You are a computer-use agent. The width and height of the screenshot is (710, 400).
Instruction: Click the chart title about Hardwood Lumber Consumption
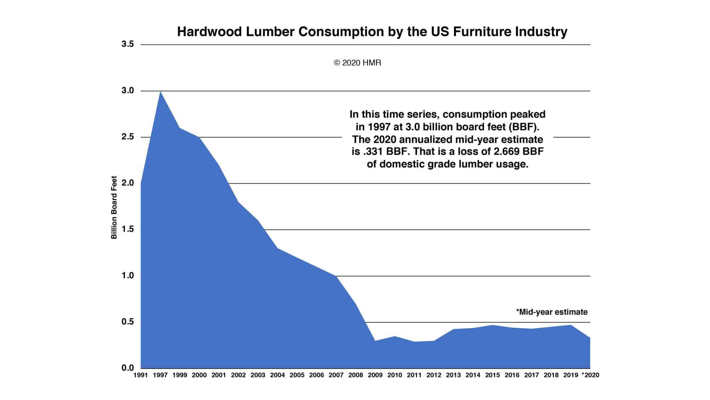click(372, 32)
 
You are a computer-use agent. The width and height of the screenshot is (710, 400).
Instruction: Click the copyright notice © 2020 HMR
click(357, 63)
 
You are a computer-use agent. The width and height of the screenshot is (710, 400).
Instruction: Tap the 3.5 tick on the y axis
click(127, 44)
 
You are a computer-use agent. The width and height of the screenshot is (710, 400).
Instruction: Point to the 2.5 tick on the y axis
click(127, 137)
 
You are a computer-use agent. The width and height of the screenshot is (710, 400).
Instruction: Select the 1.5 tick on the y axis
click(127, 229)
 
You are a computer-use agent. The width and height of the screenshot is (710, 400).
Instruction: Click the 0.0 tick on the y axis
click(127, 368)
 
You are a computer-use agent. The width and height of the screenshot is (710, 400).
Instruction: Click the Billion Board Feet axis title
click(114, 208)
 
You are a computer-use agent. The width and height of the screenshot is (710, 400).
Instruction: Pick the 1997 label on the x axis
click(160, 375)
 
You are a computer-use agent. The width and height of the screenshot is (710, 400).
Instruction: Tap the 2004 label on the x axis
click(277, 375)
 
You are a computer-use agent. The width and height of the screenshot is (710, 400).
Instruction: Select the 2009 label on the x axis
click(375, 375)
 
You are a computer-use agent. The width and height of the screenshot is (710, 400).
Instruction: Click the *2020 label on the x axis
click(590, 375)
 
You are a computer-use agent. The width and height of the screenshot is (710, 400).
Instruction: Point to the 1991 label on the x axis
click(141, 375)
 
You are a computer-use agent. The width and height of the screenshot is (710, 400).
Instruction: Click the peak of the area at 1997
click(161, 92)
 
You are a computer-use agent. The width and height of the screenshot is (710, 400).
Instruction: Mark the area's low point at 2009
click(375, 341)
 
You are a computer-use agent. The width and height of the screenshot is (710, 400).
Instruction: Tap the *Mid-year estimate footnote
click(552, 312)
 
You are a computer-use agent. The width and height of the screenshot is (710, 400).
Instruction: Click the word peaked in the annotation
click(528, 114)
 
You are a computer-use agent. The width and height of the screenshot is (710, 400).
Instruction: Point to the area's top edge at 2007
click(336, 276)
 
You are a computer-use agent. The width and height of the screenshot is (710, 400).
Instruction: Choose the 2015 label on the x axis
click(492, 375)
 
